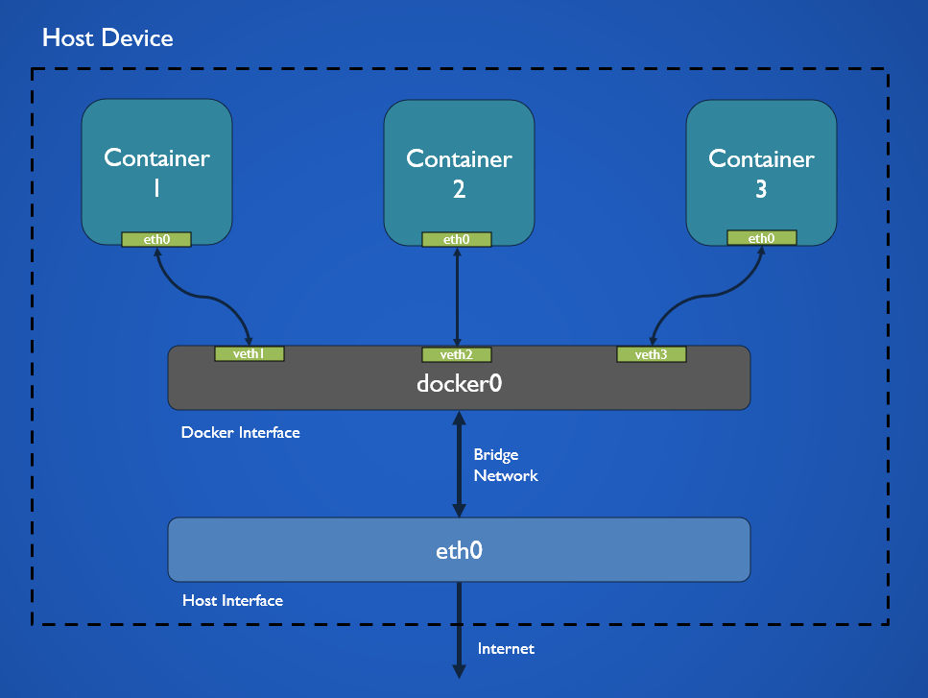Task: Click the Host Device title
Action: click(107, 38)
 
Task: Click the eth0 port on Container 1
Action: click(156, 239)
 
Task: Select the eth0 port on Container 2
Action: click(457, 239)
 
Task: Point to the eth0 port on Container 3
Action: click(761, 238)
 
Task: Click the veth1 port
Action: click(249, 354)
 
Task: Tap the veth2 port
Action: click(457, 354)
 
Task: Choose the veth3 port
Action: click(652, 354)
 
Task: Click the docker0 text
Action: click(459, 384)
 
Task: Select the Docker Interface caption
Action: click(240, 433)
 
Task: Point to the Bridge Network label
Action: click(506, 465)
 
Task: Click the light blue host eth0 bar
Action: click(459, 550)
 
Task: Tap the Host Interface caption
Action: click(232, 601)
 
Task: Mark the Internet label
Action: click(506, 649)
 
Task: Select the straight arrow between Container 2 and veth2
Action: click(457, 298)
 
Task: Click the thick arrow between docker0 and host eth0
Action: click(459, 464)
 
